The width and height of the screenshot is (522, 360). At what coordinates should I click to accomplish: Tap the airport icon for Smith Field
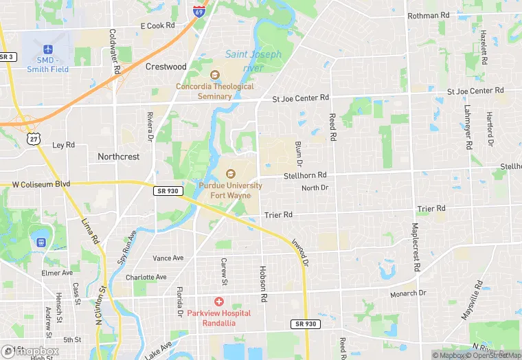click(48, 49)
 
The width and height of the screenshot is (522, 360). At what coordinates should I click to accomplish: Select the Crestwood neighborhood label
click(166, 67)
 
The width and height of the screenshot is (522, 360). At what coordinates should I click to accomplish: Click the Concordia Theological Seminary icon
click(214, 75)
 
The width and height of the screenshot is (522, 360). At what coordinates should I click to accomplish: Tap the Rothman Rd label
click(428, 15)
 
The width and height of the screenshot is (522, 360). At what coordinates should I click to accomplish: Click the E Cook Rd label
click(158, 25)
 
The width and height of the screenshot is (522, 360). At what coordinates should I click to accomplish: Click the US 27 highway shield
click(34, 139)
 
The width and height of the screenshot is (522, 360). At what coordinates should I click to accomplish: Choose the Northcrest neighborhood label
click(118, 157)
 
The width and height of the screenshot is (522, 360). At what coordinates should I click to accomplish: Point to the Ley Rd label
click(63, 145)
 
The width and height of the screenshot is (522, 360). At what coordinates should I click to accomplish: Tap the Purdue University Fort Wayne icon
click(230, 175)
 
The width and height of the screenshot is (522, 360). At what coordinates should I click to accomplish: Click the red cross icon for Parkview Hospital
click(219, 302)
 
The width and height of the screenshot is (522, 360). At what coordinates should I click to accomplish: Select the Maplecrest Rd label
click(415, 245)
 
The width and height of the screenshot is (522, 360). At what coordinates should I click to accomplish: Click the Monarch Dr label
click(409, 293)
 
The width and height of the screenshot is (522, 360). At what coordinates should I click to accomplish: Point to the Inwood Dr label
click(300, 252)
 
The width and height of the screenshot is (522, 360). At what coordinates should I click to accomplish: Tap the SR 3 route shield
click(7, 57)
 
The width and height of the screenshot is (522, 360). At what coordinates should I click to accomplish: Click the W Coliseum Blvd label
click(41, 184)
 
